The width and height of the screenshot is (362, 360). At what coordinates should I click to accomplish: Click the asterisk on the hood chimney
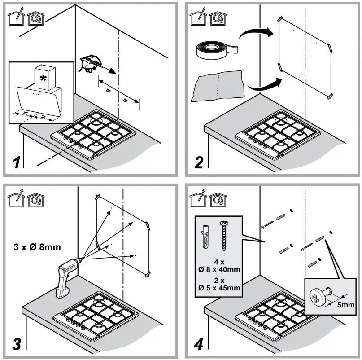pyautogui.click(x=43, y=77)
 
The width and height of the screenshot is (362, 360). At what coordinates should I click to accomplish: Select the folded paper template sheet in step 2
pyautogui.click(x=217, y=86)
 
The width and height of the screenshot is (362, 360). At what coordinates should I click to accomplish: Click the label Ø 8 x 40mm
pyautogui.click(x=218, y=269)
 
